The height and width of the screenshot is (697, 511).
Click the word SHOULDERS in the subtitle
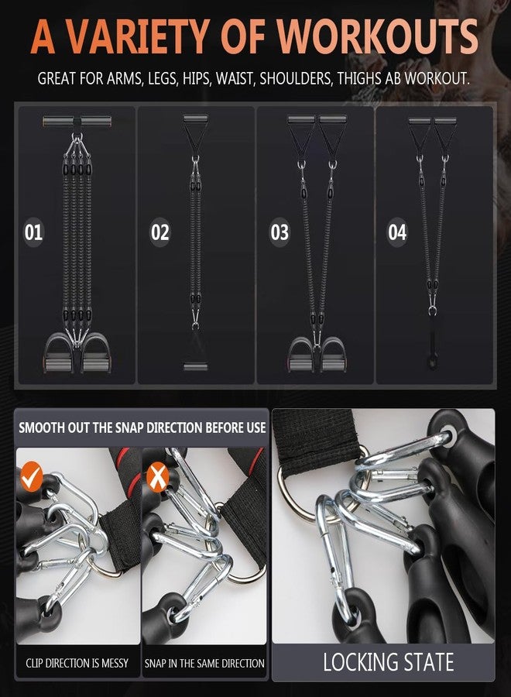(296, 78)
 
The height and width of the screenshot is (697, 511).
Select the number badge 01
(33, 232)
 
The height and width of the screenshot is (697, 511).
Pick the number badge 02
(160, 232)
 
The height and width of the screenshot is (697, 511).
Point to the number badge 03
(280, 232)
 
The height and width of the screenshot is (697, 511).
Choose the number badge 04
(397, 232)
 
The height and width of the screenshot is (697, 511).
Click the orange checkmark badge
(32, 476)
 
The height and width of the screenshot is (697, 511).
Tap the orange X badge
(157, 476)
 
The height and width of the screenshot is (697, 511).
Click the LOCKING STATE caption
(388, 662)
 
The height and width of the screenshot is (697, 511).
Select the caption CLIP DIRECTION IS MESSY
(77, 663)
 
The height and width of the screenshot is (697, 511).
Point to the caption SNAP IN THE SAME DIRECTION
(204, 663)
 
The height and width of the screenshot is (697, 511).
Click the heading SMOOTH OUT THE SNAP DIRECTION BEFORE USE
(142, 427)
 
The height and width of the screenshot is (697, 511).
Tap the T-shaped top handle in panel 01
(77, 122)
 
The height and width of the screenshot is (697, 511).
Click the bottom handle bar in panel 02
(196, 367)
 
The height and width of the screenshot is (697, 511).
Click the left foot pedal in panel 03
(301, 354)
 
